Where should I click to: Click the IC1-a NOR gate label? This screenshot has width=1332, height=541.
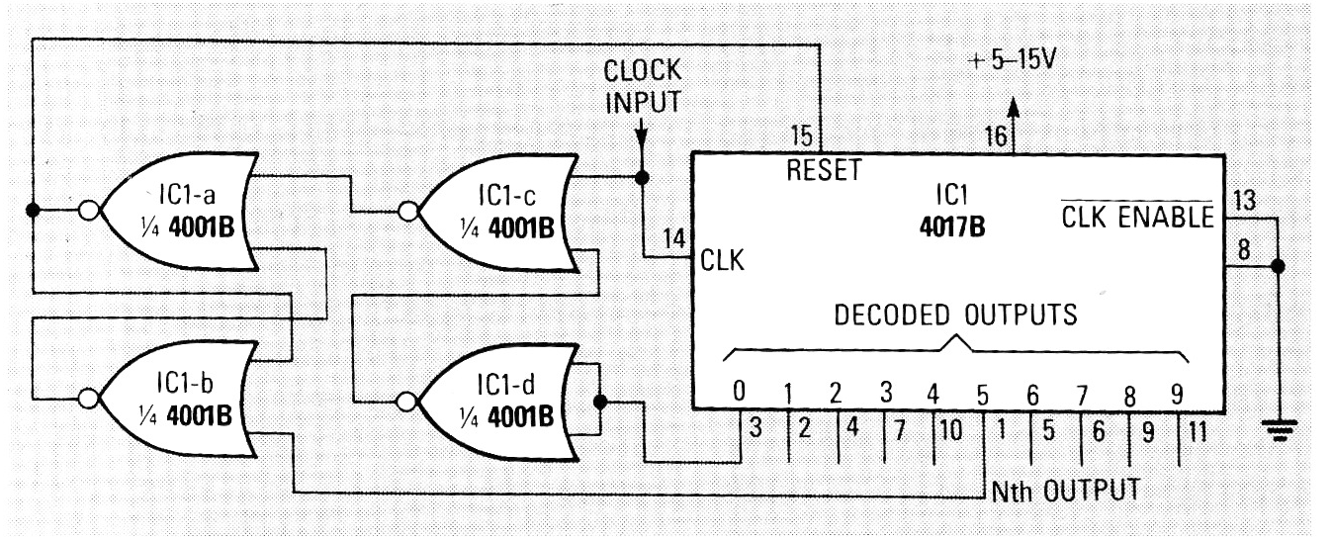(x=187, y=195)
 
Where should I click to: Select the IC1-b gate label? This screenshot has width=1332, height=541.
(x=185, y=384)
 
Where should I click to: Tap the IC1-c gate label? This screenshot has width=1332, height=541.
(x=506, y=195)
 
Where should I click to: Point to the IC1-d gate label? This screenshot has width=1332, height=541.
(x=506, y=385)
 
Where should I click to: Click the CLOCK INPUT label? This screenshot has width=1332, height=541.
(x=642, y=87)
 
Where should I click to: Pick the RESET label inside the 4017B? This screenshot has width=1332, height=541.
(x=824, y=170)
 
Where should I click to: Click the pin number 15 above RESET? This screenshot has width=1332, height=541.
(x=802, y=136)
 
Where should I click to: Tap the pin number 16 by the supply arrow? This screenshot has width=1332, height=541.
(x=996, y=136)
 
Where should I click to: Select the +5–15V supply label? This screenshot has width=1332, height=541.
(x=1012, y=60)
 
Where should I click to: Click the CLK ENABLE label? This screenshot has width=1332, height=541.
(x=1137, y=216)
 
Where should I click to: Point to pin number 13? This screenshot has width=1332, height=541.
(x=1245, y=201)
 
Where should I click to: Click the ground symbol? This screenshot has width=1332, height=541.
(x=1279, y=429)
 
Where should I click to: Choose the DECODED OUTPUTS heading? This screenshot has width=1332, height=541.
(x=955, y=315)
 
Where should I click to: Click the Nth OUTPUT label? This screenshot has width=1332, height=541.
(x=1065, y=492)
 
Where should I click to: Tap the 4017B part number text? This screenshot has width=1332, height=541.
(x=952, y=226)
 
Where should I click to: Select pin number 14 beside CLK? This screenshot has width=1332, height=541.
(x=675, y=239)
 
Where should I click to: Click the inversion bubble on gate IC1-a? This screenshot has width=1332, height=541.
(x=89, y=211)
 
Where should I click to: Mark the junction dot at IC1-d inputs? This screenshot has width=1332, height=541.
(x=600, y=402)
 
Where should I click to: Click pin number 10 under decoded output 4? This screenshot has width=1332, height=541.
(x=950, y=429)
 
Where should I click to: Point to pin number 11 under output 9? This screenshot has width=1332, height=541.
(x=1198, y=431)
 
